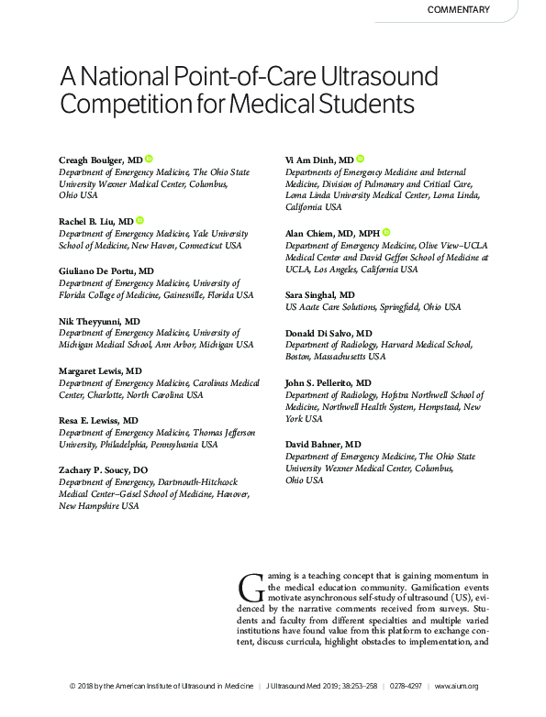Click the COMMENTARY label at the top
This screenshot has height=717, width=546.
[x=459, y=10]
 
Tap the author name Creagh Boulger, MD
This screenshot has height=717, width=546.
[x=100, y=160]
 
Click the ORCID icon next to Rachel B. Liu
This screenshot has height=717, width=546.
[x=140, y=221]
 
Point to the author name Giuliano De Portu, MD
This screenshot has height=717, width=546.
[x=106, y=271]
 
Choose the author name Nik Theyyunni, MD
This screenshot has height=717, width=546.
[x=99, y=321]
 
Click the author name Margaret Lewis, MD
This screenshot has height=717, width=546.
[x=100, y=370]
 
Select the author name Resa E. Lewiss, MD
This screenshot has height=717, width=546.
[x=98, y=420]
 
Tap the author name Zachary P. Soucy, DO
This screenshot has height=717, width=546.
[x=102, y=469]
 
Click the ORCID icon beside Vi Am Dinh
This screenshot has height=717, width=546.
[x=361, y=160]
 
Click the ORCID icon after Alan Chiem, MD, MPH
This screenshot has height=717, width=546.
[x=386, y=234]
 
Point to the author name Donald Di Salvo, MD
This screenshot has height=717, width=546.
[x=329, y=333]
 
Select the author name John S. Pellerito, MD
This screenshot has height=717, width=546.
[x=328, y=381]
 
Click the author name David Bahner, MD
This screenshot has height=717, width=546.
[x=322, y=444]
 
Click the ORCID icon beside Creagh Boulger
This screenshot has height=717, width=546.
[x=148, y=160]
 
